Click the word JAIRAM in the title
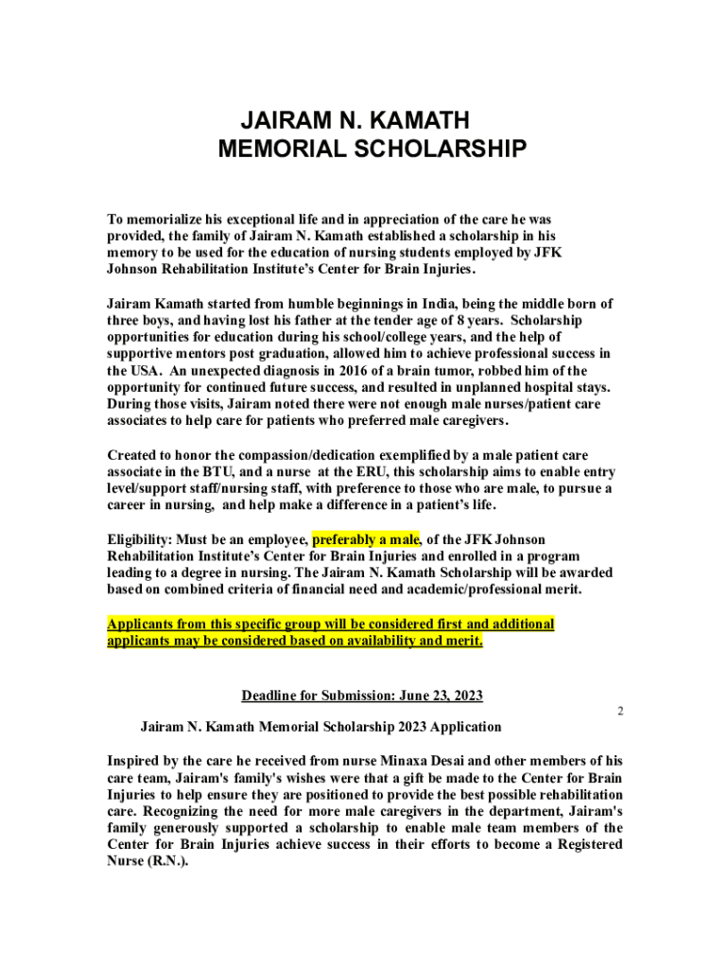click(x=283, y=121)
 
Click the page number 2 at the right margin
click(x=620, y=711)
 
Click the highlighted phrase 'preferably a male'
click(x=366, y=539)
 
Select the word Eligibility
click(x=145, y=539)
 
